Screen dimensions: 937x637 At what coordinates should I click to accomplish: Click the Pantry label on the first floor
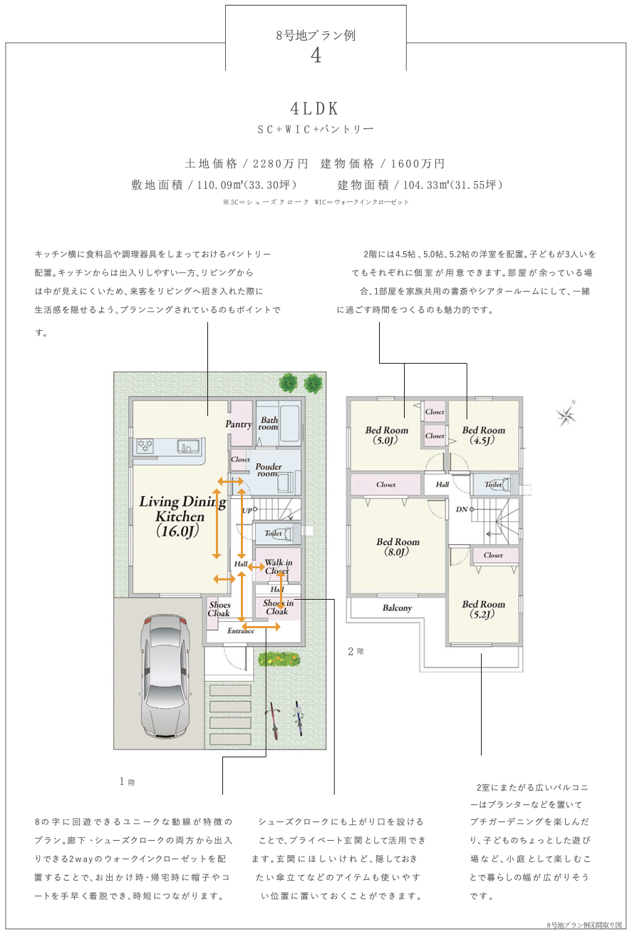[239, 424]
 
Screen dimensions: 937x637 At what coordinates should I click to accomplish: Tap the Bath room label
[269, 424]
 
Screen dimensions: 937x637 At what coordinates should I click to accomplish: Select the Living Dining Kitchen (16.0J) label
[181, 516]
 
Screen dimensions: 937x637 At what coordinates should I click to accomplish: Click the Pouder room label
[269, 470]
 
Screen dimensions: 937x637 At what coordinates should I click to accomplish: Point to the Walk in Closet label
[278, 567]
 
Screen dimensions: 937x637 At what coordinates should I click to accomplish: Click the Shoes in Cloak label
[278, 607]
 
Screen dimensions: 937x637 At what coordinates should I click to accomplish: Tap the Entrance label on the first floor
[241, 631]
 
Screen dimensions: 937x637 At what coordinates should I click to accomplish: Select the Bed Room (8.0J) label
[398, 547]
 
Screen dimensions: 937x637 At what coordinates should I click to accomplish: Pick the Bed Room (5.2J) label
[483, 609]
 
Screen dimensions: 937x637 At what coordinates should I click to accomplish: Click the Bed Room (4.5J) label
[483, 435]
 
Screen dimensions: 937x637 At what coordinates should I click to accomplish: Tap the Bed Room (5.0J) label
[386, 435]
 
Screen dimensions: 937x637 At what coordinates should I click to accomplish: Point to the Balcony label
[397, 608]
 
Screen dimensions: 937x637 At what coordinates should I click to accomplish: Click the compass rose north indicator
[567, 416]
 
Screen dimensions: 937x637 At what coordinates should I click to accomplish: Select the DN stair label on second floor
[462, 509]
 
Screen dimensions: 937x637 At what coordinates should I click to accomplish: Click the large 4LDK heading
[314, 109]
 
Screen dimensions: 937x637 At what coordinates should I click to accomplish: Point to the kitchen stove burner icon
[145, 446]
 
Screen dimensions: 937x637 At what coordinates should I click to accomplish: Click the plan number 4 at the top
[316, 56]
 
